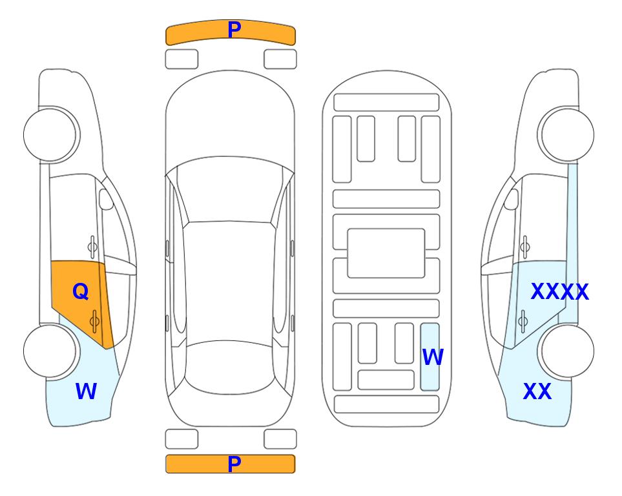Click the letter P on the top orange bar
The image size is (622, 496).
tap(234, 29)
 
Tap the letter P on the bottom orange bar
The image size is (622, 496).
tap(234, 464)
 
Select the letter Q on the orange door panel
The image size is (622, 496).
tap(81, 292)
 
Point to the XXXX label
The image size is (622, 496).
tap(560, 292)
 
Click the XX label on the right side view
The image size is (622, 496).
tap(537, 391)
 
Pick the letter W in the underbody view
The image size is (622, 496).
tap(432, 356)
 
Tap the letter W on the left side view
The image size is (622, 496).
tap(86, 391)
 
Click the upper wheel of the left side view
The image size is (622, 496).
tap(50, 134)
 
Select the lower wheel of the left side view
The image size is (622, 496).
tap(50, 351)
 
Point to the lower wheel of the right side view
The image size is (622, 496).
tap(567, 351)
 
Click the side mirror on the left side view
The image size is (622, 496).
tap(106, 199)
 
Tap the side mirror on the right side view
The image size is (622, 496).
tap(512, 199)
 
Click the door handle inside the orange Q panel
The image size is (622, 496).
tap(94, 322)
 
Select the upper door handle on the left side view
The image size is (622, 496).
tap(92, 247)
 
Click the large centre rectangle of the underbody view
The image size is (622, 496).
tap(386, 253)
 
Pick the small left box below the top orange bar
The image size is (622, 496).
tap(181, 59)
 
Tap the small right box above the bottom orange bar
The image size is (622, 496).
tap(280, 439)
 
